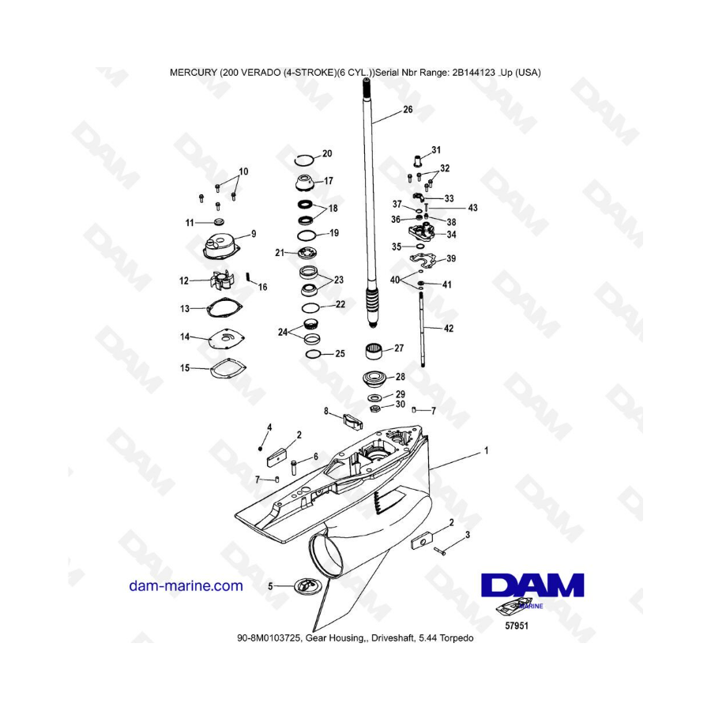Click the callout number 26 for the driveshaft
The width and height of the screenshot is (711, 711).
[x=408, y=109]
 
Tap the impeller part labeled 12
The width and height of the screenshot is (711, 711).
[x=222, y=280]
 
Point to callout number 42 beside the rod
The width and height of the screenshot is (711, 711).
[x=448, y=328]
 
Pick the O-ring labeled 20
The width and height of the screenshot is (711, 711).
[x=303, y=160]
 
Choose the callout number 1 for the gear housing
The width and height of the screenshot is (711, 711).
[x=487, y=451]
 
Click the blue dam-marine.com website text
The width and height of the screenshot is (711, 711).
[x=186, y=586]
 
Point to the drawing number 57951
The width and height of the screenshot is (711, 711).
[x=517, y=626]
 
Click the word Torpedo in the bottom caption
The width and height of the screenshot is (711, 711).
[x=457, y=638]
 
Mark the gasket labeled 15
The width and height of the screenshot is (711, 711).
[x=228, y=367]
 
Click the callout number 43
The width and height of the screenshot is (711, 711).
[x=472, y=208]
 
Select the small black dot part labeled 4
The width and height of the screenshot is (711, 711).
[x=260, y=449]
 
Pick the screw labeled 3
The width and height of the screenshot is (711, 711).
[x=440, y=551]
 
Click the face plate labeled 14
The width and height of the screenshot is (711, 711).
[x=227, y=339]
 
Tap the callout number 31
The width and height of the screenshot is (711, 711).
[x=436, y=149]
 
